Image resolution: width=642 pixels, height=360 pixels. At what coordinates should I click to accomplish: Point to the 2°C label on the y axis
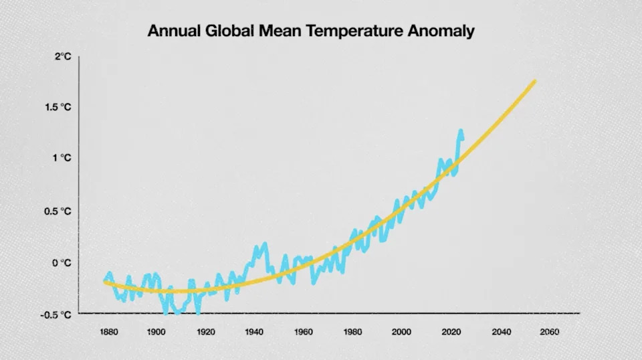(63, 57)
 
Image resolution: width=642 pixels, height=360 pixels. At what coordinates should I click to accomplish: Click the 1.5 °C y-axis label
(60, 107)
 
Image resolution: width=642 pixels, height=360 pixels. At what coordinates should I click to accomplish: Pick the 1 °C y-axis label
(62, 158)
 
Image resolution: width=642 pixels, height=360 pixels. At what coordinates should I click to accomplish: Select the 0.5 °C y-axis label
(60, 211)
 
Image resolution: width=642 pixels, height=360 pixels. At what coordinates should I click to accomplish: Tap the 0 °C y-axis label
(62, 263)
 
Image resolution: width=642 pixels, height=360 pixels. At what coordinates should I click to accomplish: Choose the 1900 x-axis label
(156, 332)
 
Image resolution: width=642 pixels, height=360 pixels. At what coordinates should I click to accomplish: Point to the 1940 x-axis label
(254, 332)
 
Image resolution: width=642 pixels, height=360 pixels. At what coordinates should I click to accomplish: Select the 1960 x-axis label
(304, 332)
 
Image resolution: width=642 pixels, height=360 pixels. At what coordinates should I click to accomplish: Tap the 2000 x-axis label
(401, 332)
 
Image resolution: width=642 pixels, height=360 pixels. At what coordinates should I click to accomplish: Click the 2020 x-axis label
(451, 332)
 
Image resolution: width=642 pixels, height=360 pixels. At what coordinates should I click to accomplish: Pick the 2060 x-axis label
(550, 332)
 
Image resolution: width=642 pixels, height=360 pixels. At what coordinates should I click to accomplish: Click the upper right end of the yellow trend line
(534, 82)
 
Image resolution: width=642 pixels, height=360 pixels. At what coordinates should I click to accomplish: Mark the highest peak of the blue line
(461, 131)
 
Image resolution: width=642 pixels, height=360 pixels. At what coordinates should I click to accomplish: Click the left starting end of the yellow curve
(106, 282)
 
